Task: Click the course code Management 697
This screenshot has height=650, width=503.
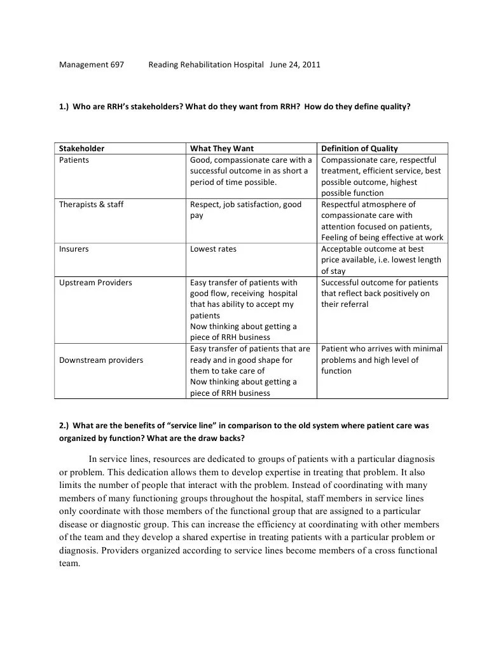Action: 92,65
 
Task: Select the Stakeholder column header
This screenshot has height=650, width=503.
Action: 81,149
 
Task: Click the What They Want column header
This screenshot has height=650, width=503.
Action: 221,149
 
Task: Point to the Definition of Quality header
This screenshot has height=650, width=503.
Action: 359,149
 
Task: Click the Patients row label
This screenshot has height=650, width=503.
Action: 74,160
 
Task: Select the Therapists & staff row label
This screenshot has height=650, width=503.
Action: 91,205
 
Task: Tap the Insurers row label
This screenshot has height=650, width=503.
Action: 74,249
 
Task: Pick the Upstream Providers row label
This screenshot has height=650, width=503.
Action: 95,282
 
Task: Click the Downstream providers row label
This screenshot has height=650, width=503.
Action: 101,360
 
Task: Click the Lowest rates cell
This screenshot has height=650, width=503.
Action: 213,249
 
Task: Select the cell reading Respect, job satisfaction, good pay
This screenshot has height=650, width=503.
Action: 245,210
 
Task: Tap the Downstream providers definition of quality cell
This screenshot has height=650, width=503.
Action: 382,360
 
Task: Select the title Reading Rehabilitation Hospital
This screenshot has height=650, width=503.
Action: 205,65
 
